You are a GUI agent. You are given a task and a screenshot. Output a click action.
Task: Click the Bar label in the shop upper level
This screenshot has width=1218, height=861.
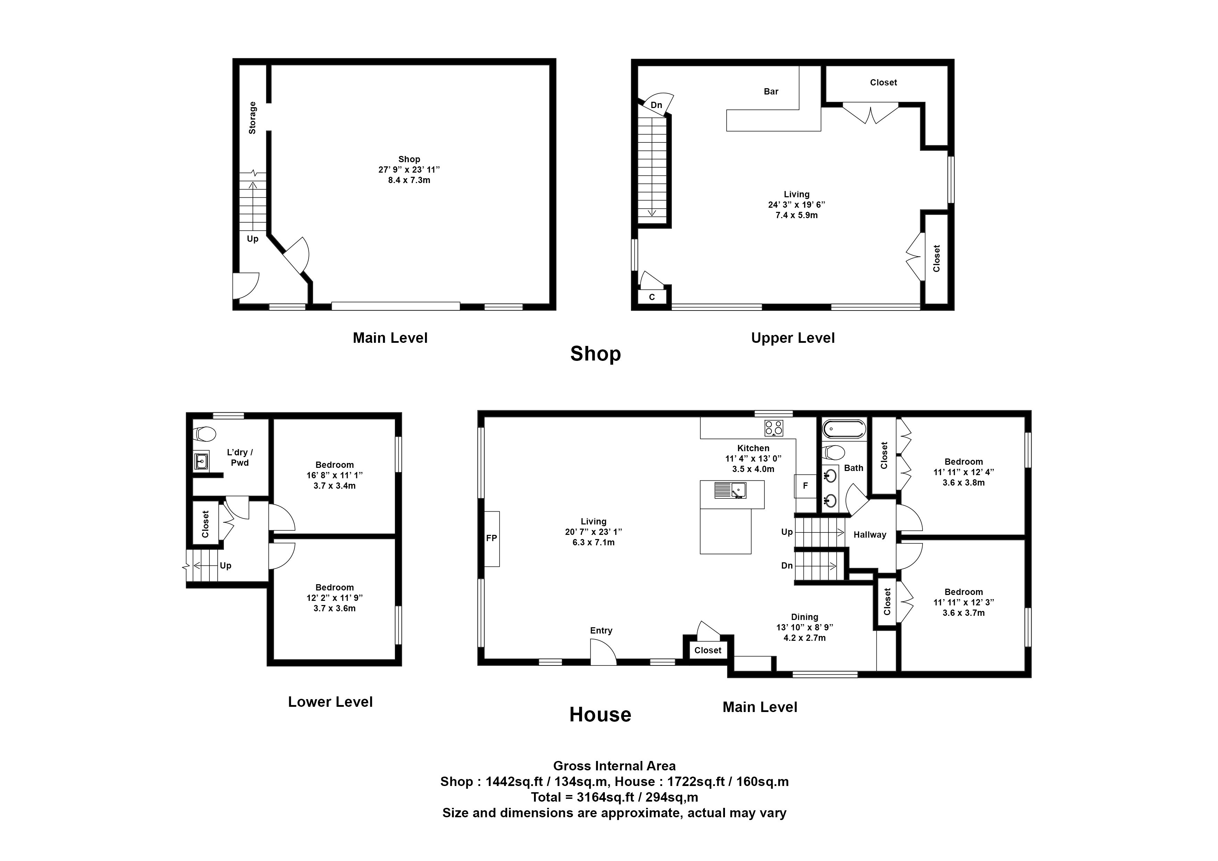click(x=771, y=92)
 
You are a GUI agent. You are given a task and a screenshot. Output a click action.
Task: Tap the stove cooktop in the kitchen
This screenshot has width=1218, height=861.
click(x=774, y=428)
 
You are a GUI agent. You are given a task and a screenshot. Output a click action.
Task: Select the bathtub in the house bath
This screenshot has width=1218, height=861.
click(x=843, y=429)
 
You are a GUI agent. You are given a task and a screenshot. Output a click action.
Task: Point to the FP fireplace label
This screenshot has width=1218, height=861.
click(x=492, y=538)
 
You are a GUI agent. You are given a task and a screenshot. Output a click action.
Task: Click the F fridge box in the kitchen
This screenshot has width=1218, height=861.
click(x=805, y=486)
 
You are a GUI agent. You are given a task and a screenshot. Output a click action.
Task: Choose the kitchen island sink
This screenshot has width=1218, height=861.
click(x=730, y=490)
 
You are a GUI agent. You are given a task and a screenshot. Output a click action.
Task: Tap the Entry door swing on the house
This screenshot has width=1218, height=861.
click(x=603, y=652)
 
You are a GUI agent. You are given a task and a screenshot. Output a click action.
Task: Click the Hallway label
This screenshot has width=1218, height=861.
click(x=869, y=535)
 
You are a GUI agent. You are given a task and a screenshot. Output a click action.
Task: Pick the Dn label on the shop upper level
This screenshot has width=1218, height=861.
click(x=656, y=105)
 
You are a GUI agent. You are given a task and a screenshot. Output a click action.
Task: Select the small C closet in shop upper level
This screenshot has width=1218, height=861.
click(x=652, y=297)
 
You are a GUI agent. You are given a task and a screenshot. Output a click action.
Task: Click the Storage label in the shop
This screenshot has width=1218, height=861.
click(x=252, y=118)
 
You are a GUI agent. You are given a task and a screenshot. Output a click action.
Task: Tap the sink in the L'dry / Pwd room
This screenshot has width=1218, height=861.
click(x=201, y=462)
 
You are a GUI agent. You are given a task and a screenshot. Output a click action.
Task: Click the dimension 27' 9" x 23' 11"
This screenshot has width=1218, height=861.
click(x=409, y=170)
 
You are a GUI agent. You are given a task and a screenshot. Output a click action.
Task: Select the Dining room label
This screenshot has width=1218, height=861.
click(x=804, y=617)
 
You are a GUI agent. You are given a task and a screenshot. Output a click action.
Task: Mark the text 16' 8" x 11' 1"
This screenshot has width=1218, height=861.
click(x=334, y=475)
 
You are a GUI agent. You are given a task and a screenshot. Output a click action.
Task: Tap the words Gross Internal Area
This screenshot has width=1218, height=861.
click(x=614, y=766)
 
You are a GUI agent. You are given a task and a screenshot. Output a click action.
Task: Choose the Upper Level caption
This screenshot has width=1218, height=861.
click(x=793, y=338)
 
